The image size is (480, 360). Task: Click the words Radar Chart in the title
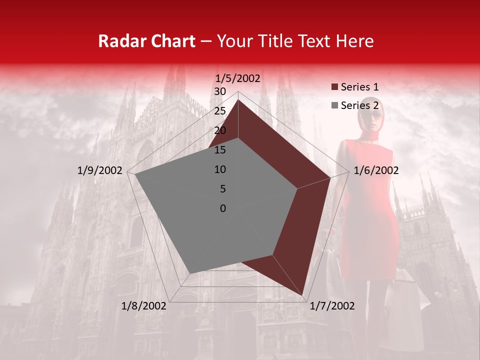coord(146,41)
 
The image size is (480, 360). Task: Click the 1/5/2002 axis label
coord(237,78)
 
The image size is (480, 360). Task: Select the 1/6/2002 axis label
coord(376,170)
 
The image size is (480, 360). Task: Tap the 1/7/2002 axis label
coord(332,306)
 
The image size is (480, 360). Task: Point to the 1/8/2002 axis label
coord(144,306)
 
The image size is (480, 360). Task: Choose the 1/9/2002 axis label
coord(100,170)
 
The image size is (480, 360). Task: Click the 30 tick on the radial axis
coord(220,91)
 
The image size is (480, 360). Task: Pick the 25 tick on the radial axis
coord(220,111)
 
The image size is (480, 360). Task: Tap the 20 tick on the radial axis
coord(220,130)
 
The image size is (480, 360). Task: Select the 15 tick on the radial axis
coord(220,150)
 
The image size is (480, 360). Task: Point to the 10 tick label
coord(220,169)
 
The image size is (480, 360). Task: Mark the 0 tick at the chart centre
coord(223,208)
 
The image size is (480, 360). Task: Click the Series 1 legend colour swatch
coord(334,87)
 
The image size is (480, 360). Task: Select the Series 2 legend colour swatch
coord(334,105)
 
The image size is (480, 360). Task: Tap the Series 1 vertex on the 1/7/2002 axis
coord(302,295)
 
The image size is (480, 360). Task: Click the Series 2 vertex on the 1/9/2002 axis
coord(135,174)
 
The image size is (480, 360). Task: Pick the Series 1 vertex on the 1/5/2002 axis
coord(238,99)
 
